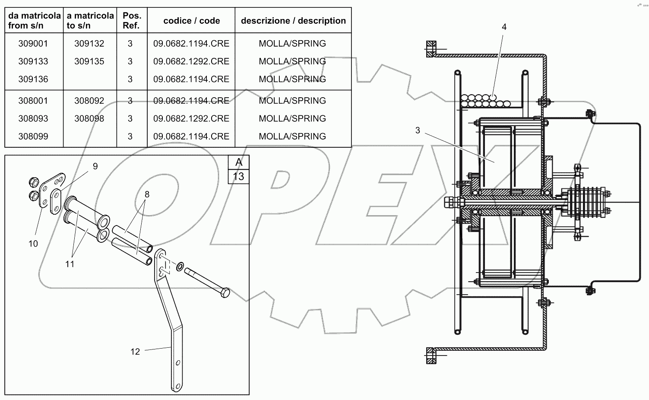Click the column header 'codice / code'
click(x=191, y=21)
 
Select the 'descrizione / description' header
click(x=293, y=21)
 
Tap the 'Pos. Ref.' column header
click(x=131, y=21)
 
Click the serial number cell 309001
click(x=33, y=44)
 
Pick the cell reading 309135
click(x=89, y=61)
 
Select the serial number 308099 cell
click(x=33, y=137)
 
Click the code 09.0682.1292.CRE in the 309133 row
click(x=191, y=61)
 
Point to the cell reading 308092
click(x=89, y=101)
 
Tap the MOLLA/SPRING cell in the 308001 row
click(x=292, y=101)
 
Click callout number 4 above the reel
click(x=503, y=27)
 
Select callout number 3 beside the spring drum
click(x=417, y=130)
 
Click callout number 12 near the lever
click(x=135, y=352)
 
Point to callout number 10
click(x=33, y=244)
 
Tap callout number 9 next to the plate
click(x=95, y=166)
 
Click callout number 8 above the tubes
click(x=147, y=194)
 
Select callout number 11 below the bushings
click(x=70, y=264)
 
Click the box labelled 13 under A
click(x=238, y=176)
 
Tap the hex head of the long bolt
click(x=225, y=293)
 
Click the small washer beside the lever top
click(x=180, y=264)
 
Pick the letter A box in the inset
click(x=238, y=162)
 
